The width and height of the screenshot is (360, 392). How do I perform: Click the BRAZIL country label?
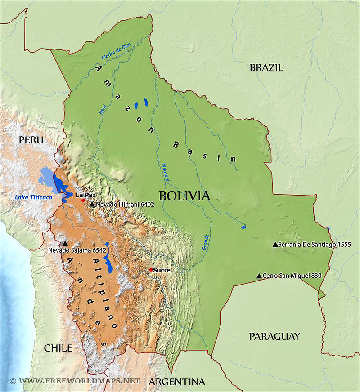(x=266, y=68)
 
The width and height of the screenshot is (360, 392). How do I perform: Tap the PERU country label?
(x=31, y=140)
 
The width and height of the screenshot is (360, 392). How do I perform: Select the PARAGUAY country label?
(x=274, y=336)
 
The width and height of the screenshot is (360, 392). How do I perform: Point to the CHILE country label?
(x=58, y=348)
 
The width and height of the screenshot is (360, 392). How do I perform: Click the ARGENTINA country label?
(x=176, y=382)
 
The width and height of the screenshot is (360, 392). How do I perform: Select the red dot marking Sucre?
(x=151, y=270)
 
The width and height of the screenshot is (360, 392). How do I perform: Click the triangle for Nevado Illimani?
(x=92, y=204)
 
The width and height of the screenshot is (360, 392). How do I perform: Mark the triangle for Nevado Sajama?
(x=65, y=243)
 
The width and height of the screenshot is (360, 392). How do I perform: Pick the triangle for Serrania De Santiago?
(x=275, y=244)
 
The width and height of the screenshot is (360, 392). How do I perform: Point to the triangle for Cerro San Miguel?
(x=259, y=276)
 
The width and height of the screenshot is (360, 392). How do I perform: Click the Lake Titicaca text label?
(x=33, y=197)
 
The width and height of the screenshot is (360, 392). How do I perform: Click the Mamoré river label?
(x=166, y=172)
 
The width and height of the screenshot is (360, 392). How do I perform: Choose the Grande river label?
(x=205, y=242)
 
